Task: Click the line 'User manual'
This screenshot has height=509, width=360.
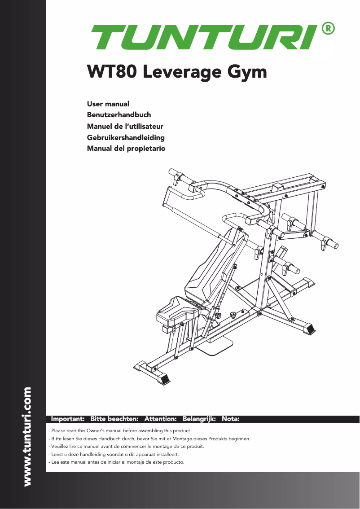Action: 108,104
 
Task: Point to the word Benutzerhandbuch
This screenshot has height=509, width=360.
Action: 119,115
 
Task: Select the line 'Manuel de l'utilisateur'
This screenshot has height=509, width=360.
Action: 125,126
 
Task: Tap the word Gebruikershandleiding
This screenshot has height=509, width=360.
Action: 125,137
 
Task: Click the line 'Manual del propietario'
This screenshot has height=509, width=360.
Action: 126,148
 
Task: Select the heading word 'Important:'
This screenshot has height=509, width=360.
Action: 68,419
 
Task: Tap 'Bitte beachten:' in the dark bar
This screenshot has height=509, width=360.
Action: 114,419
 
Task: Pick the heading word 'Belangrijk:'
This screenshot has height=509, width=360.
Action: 199,419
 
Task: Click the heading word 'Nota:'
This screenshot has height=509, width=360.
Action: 231,419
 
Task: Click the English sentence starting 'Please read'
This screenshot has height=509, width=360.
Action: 120,430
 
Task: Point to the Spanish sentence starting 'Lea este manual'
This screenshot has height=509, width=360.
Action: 116,462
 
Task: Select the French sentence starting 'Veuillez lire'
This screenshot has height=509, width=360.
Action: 126,446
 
